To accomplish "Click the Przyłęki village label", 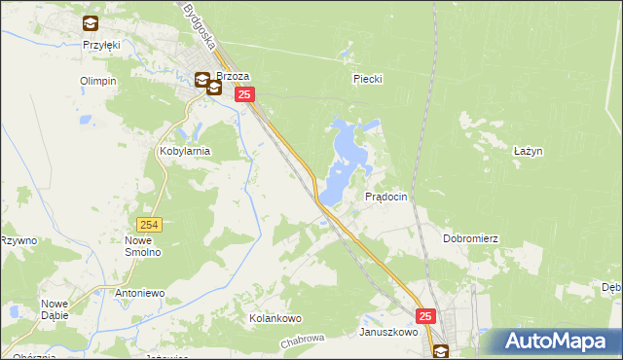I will [x=100, y=45].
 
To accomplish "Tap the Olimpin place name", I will [x=98, y=81].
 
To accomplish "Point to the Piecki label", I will [x=366, y=81].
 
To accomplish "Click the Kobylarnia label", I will [x=184, y=153].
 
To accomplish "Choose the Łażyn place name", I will [x=528, y=151].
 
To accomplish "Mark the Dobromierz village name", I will [x=470, y=238].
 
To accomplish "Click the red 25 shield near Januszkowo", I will [x=426, y=316].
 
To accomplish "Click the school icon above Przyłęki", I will [x=91, y=23].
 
